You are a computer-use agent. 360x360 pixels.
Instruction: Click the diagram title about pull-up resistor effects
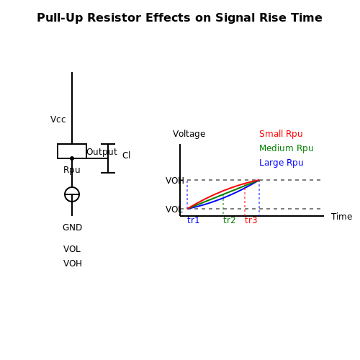(179, 18)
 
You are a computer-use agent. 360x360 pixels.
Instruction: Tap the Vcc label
(58, 120)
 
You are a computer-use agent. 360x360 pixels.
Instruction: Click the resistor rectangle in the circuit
(72, 151)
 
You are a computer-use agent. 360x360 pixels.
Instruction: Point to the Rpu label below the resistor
(72, 170)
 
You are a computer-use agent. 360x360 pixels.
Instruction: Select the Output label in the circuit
(102, 152)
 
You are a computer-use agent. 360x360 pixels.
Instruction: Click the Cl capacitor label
(126, 156)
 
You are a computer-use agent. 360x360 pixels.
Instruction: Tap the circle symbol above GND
(72, 194)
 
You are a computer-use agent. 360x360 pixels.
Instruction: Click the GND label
(72, 228)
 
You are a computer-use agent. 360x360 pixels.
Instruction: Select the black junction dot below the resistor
(72, 158)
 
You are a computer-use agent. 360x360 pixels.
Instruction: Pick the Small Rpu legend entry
(281, 134)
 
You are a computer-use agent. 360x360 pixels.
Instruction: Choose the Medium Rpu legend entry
(287, 148)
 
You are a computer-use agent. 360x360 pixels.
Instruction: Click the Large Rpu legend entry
(282, 163)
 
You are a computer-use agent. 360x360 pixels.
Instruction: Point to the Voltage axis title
(189, 134)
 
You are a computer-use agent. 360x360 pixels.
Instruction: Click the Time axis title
(341, 217)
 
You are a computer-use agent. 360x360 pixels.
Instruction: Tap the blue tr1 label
(193, 220)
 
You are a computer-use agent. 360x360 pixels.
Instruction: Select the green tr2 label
(229, 220)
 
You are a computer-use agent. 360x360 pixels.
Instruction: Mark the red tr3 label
(251, 220)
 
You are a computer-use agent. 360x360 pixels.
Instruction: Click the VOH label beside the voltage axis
(175, 181)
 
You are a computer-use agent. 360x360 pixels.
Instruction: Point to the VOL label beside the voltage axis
(174, 210)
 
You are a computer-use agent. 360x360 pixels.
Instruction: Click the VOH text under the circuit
(73, 264)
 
